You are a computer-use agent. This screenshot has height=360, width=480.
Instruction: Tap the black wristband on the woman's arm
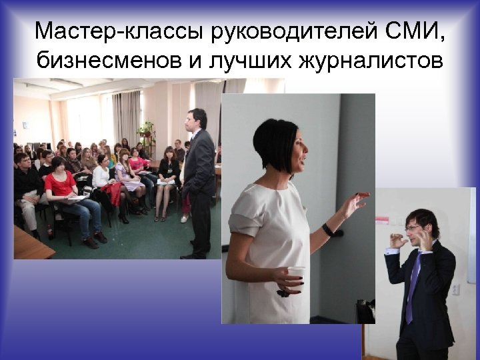coord(327,229)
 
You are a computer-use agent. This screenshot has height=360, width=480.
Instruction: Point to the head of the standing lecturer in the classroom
coord(196,119)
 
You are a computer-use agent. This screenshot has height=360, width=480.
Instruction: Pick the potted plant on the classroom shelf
coord(146,130)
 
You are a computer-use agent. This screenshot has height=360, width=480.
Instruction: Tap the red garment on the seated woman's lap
coord(115,194)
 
